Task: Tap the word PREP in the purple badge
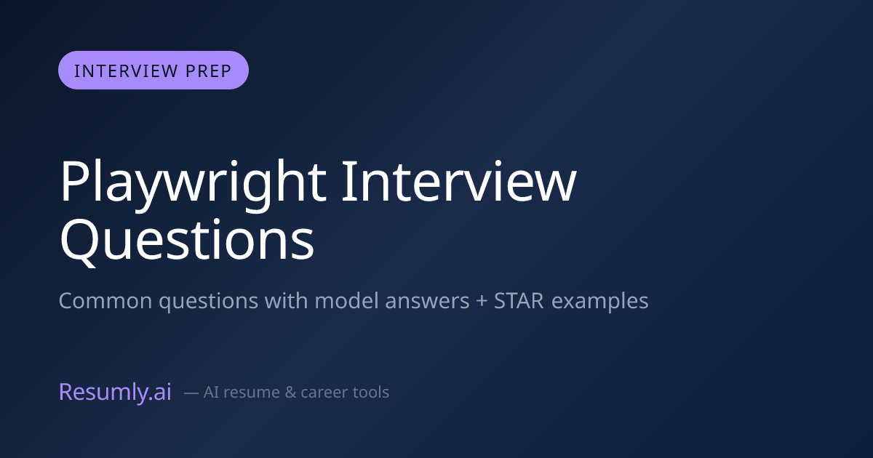tap(209, 71)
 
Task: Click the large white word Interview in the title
tap(459, 182)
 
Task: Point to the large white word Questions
tap(187, 240)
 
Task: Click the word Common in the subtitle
tap(105, 301)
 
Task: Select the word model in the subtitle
tap(346, 300)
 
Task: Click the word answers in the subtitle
tap(427, 302)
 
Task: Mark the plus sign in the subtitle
tap(482, 302)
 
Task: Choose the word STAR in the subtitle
tap(519, 301)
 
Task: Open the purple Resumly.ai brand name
tap(115, 391)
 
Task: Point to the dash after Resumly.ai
tap(191, 393)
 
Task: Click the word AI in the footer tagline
tap(211, 392)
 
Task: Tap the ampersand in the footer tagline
tap(290, 393)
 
